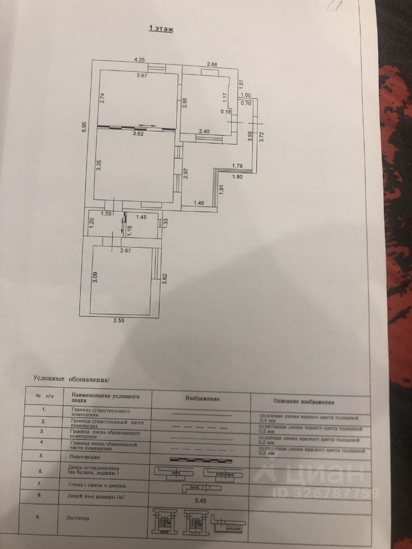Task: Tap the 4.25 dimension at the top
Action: (x=140, y=59)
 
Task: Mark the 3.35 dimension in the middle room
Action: (x=99, y=166)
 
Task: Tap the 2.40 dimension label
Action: (x=204, y=132)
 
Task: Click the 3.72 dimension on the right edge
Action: (x=262, y=137)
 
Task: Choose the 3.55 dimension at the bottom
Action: (x=119, y=321)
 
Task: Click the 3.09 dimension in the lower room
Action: (x=96, y=278)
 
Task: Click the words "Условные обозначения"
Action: (x=71, y=379)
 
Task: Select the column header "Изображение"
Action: (x=203, y=397)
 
